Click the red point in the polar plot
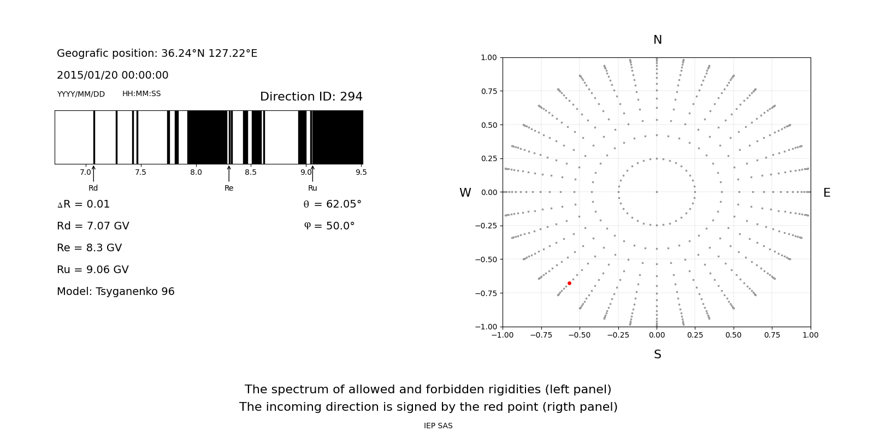569,283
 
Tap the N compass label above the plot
657,40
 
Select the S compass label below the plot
657,355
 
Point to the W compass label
465,193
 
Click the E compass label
826,193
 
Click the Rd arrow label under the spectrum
93,188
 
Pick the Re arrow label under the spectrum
229,188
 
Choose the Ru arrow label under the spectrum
312,188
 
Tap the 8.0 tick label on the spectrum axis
196,172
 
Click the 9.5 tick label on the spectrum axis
361,172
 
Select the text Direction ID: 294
311,97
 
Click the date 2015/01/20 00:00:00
113,75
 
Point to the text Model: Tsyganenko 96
116,292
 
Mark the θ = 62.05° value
332,204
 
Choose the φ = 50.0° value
329,226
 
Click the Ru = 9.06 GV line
93,270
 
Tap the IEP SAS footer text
438,426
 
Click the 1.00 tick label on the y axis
488,57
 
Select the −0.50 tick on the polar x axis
579,335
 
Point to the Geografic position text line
157,54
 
